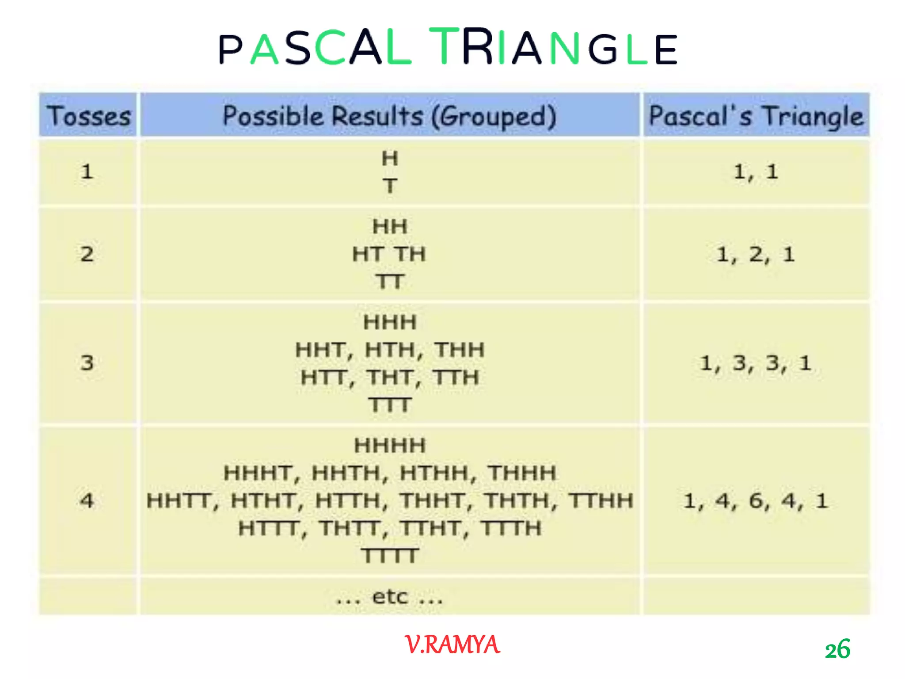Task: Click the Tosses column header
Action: point(88,116)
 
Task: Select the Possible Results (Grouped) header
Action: point(389,116)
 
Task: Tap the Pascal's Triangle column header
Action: point(756,116)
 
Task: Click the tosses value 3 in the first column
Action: point(87,363)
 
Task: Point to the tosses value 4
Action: point(87,501)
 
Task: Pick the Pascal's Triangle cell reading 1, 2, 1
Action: point(755,255)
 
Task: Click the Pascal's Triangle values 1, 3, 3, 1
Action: point(755,363)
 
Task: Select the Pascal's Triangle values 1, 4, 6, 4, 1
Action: point(755,501)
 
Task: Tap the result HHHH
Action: point(390,446)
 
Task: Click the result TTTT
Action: point(390,556)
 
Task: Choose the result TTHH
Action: point(601,501)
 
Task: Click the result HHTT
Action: point(182,501)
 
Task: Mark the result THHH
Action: point(522,473)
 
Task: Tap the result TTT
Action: point(390,405)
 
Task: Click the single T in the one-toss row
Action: point(390,186)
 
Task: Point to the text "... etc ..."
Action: point(389,597)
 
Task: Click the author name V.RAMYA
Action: point(452,645)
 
